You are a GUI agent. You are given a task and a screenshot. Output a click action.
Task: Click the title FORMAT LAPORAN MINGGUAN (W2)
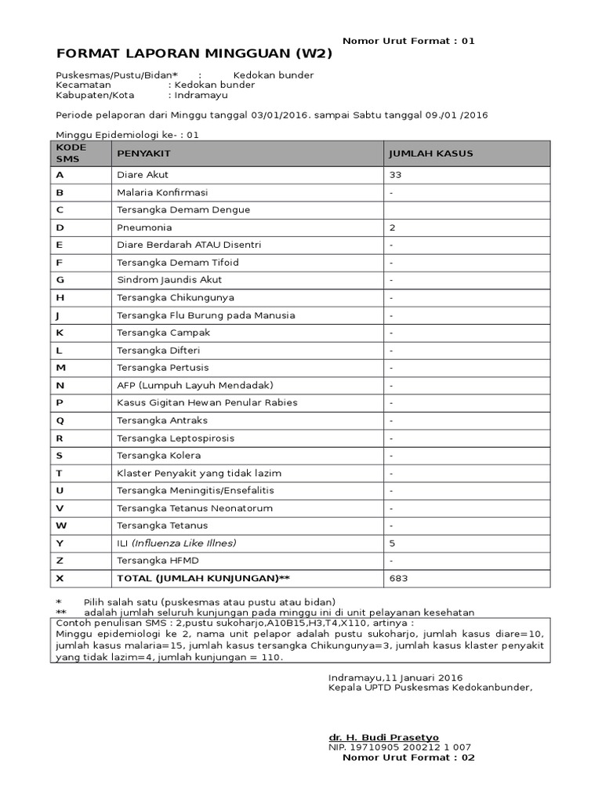click(x=194, y=54)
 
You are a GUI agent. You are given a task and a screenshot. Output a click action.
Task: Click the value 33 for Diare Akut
click(x=395, y=175)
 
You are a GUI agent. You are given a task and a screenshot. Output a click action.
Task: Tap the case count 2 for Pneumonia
click(x=392, y=227)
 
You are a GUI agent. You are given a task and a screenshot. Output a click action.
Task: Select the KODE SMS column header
click(x=71, y=153)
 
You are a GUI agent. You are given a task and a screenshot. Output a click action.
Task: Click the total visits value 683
click(x=398, y=579)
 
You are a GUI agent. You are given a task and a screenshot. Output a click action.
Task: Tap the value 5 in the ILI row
click(x=392, y=543)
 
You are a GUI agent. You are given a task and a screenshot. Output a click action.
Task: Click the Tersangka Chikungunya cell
click(x=176, y=298)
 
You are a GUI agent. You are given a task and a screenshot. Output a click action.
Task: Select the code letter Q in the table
click(x=60, y=420)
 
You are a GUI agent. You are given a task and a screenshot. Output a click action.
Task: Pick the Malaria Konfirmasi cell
click(x=162, y=192)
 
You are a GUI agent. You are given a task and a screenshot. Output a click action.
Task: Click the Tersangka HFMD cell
click(x=158, y=561)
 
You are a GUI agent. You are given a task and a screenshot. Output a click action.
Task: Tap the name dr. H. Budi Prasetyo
click(x=383, y=738)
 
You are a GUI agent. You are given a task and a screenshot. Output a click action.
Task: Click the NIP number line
click(x=399, y=747)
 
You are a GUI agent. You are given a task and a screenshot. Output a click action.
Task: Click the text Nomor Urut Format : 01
click(x=408, y=41)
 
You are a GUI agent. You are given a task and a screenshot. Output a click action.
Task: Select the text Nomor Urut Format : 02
click(x=408, y=758)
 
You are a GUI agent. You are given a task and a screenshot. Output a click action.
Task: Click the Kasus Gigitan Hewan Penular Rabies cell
click(x=207, y=403)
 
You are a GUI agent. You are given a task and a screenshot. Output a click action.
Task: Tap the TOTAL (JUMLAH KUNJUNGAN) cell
click(x=203, y=579)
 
